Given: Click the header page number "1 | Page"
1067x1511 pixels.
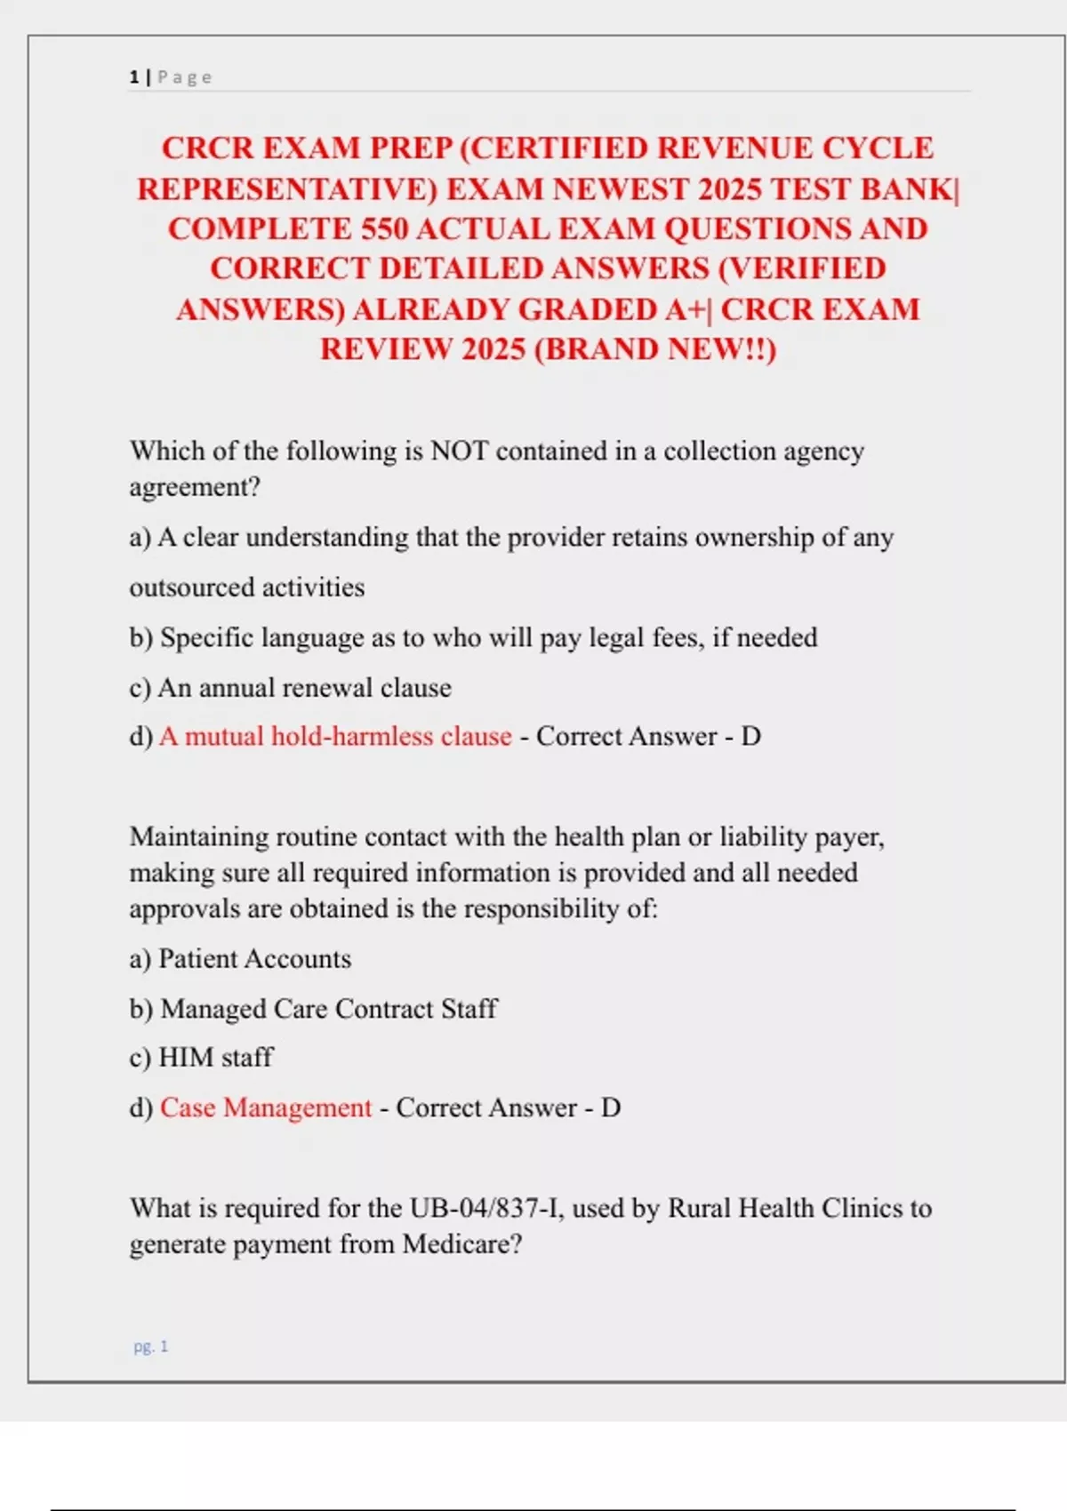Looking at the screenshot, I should pos(171,77).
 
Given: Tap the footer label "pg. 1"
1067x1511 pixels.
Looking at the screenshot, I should pos(150,1347).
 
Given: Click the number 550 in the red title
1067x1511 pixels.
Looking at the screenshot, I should pos(383,229).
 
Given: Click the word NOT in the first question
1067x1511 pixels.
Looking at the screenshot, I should pos(459,451).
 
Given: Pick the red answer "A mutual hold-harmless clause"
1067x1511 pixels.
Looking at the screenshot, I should pos(335,736).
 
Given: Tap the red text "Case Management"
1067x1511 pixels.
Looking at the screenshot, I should pos(265,1107).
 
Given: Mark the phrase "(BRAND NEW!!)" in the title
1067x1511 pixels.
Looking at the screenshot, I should pos(655,349).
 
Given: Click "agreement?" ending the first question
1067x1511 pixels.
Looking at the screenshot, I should pos(195,487).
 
